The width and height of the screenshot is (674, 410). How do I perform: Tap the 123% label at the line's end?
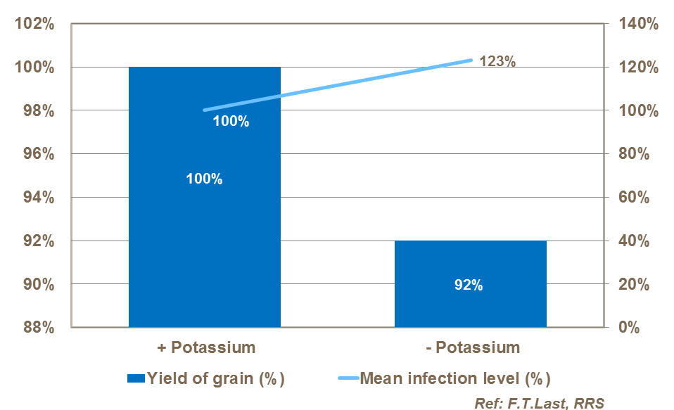click(497, 61)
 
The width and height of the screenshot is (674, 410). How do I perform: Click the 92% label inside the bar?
click(468, 286)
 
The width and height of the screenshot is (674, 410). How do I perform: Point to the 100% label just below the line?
click(231, 122)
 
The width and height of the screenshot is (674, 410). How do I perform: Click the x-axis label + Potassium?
click(205, 347)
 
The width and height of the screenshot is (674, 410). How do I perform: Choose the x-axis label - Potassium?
click(471, 347)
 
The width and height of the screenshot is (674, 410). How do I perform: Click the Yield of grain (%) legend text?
click(215, 378)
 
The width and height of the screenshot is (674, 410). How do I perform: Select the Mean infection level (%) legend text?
click(455, 378)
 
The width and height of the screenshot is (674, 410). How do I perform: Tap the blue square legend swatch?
click(135, 378)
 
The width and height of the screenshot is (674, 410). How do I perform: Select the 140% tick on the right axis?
click(637, 24)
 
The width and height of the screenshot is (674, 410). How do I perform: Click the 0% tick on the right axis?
click(628, 328)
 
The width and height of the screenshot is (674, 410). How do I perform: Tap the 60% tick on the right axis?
click(632, 198)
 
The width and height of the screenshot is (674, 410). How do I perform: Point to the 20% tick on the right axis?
click(632, 284)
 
